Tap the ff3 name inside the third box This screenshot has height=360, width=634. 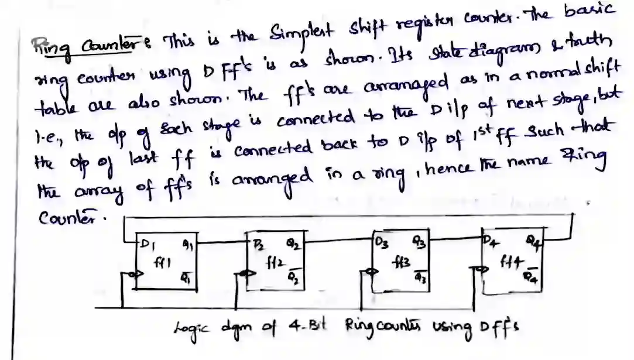pyautogui.click(x=402, y=259)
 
